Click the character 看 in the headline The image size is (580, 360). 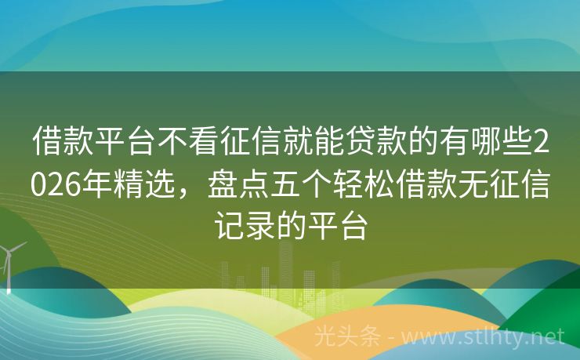(198, 143)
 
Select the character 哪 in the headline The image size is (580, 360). (485, 143)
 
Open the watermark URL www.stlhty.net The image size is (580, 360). (494, 336)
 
